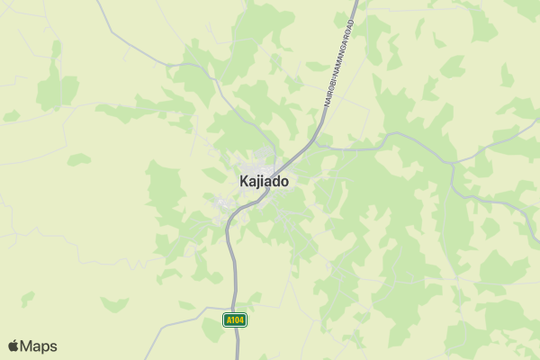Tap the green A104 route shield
[x=235, y=319]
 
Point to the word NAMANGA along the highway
[x=341, y=53]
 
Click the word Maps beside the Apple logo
[x=39, y=346]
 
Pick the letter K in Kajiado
[x=244, y=181]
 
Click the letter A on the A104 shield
[x=229, y=319]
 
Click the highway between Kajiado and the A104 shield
[x=232, y=261]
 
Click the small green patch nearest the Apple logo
[x=27, y=298]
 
